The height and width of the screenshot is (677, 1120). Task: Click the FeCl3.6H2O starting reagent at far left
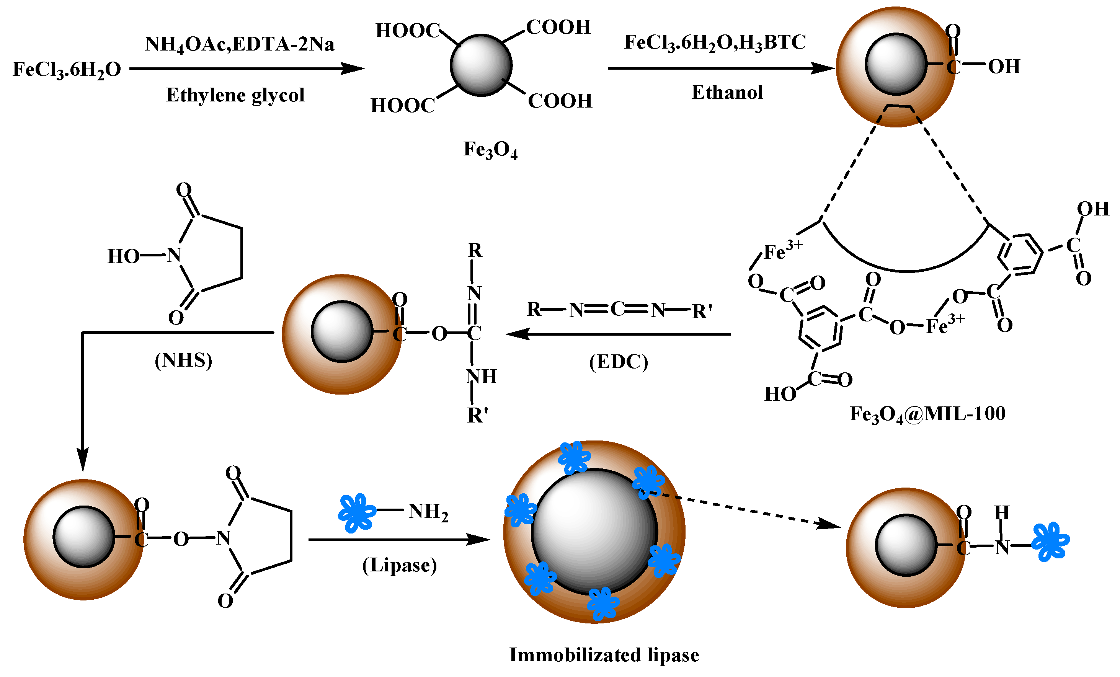[x=67, y=70]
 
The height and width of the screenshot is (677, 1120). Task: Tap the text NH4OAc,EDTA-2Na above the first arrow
[x=240, y=44]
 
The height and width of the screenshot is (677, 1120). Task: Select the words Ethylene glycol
[x=235, y=95]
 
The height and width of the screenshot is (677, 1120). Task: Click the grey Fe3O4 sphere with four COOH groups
[x=481, y=65]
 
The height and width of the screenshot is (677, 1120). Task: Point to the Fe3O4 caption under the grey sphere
[x=490, y=150]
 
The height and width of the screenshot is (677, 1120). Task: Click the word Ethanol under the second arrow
[x=727, y=93]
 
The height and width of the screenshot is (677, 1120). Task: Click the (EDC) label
[x=618, y=362]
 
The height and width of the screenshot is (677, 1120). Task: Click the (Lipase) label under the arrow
[x=399, y=566]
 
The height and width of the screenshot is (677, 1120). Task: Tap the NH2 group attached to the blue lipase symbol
[x=428, y=512]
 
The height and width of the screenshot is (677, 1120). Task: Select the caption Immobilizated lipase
[x=604, y=655]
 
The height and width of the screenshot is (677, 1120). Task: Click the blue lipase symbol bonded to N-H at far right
[x=1050, y=542]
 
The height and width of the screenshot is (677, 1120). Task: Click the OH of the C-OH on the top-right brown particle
[x=1004, y=67]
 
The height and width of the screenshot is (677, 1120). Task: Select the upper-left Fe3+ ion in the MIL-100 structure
[x=782, y=251]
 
